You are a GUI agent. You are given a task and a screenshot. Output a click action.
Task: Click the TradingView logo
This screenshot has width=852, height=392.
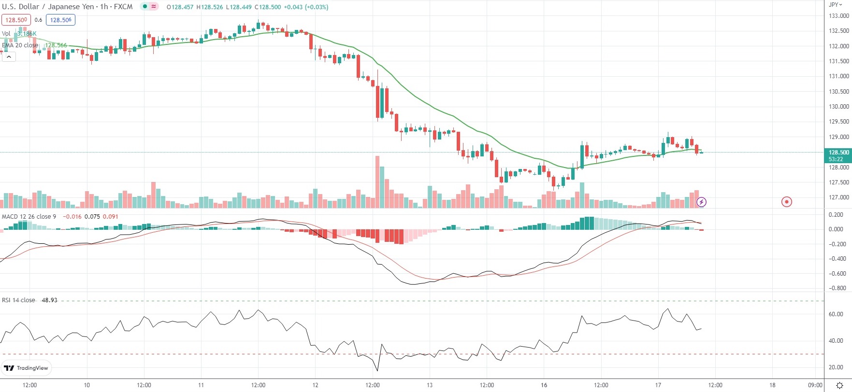27,368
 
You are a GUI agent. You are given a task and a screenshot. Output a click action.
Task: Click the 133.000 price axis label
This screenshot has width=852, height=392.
838,16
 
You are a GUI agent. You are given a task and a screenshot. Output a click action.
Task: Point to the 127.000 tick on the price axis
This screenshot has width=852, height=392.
838,197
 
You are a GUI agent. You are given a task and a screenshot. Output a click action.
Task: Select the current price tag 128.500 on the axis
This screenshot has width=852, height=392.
838,153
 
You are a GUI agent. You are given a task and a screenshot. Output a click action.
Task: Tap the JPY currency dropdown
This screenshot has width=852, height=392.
836,4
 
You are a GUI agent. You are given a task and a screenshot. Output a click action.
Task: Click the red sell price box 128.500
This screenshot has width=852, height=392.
16,20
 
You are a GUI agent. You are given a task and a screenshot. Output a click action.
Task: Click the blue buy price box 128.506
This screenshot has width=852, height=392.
61,20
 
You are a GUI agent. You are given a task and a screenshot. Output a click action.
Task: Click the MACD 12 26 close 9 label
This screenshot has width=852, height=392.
29,217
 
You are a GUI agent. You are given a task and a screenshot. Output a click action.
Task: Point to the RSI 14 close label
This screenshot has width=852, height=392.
18,300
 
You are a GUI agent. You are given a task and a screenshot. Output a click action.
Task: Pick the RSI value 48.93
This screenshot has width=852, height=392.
49,300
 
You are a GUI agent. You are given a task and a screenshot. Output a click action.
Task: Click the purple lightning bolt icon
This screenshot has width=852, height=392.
701,202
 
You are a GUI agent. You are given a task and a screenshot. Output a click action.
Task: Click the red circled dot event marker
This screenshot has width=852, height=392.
787,202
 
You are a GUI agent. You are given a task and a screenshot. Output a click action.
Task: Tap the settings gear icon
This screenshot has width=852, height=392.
839,385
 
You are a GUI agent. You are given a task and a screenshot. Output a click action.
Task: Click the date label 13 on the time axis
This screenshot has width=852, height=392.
430,385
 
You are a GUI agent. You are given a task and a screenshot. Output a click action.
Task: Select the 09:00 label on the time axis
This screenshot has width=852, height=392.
815,385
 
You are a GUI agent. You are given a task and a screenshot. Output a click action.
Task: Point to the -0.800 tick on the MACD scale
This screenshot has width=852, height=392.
837,288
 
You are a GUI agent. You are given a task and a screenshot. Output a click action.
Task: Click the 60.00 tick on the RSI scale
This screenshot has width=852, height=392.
836,314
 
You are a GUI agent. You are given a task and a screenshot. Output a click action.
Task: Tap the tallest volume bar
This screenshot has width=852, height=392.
377,182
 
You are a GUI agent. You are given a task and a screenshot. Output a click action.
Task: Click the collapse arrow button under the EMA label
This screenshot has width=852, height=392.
9,56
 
